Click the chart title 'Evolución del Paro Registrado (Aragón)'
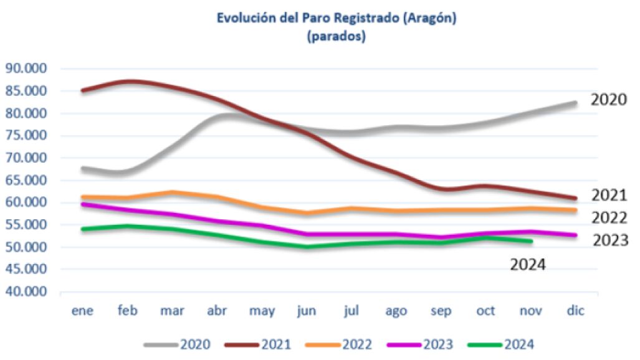337,18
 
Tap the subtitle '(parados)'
337,37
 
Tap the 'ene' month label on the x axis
82,311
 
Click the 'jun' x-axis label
305,311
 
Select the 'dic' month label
576,311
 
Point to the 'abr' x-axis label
216,311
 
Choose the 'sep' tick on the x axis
441,311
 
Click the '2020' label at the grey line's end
608,100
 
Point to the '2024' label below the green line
528,265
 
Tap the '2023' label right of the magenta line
610,240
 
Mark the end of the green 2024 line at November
530,241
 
